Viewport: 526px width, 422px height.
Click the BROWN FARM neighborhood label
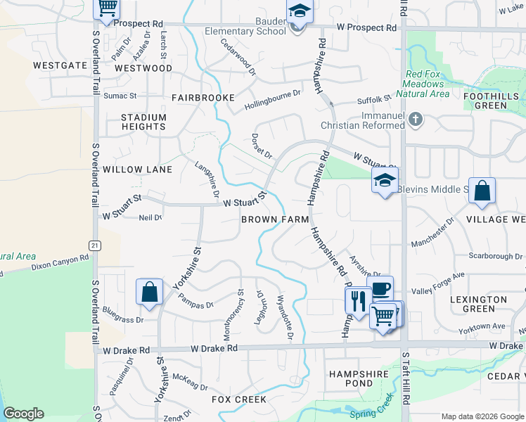point(275,219)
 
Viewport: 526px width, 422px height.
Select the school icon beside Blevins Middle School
point(385,181)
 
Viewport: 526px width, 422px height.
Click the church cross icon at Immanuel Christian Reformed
point(416,119)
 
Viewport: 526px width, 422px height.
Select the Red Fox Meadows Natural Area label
point(425,84)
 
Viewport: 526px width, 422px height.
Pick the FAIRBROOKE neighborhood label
point(203,98)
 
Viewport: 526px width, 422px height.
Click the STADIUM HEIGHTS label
point(143,122)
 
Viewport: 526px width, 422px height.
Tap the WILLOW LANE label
point(137,170)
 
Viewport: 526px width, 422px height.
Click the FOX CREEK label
point(240,399)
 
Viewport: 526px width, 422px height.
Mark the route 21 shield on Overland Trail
point(94,244)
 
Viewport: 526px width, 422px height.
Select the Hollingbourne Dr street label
point(272,99)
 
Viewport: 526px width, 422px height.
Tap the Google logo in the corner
point(23,414)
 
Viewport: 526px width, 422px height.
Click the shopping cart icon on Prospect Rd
point(106,8)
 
